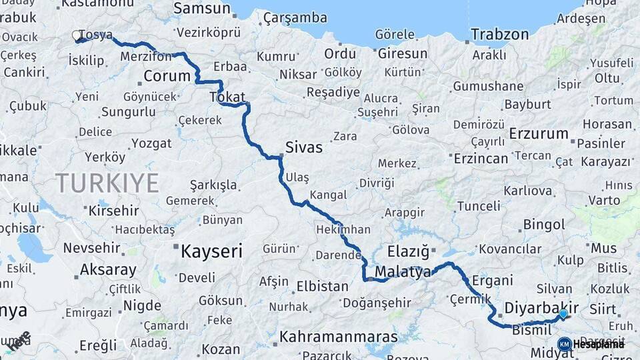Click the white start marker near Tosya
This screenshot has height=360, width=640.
click(76, 35)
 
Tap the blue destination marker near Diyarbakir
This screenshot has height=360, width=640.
click(563, 313)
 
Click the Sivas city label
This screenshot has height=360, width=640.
click(303, 147)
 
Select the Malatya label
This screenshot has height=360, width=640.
click(403, 272)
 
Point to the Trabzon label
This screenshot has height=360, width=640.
click(499, 35)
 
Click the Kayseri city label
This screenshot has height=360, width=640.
click(212, 251)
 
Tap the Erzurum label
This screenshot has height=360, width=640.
click(539, 133)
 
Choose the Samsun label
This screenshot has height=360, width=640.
click(202, 9)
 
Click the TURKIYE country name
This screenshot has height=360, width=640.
click(107, 183)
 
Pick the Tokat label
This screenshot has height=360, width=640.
click(227, 97)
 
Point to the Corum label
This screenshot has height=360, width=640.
click(167, 76)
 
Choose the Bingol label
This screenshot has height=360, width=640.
click(544, 225)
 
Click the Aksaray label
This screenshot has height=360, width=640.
click(108, 271)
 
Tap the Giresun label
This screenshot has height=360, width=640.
click(403, 53)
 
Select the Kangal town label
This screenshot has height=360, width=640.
click(328, 195)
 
